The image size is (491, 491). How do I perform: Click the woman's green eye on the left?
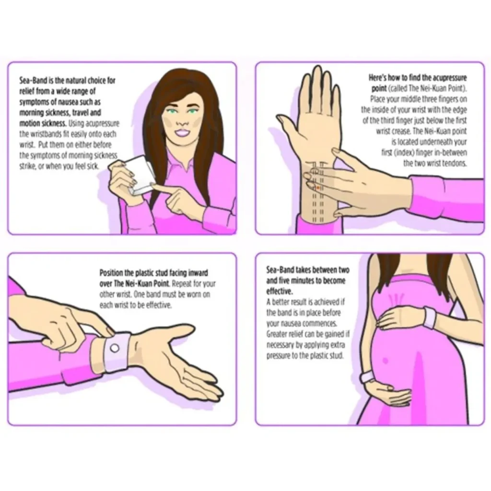172,111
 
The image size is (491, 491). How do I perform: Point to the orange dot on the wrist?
318,188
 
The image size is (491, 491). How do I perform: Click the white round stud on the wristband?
115,348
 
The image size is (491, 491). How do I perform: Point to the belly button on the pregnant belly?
385,361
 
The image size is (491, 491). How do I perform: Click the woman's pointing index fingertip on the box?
154,187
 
